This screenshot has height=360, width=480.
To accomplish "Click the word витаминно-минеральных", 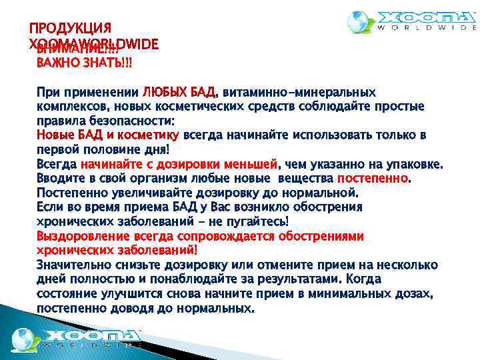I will (299, 91).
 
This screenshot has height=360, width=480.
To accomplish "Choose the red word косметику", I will (152, 135).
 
